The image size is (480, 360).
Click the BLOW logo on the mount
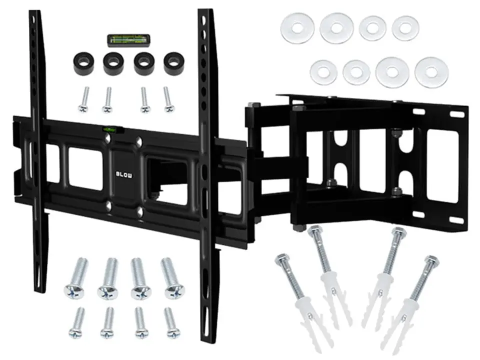[x=124, y=174]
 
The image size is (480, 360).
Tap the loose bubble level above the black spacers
[x=128, y=40]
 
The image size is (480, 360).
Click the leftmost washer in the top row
[x=297, y=28]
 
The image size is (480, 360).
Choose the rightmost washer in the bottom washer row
[x=431, y=72]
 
